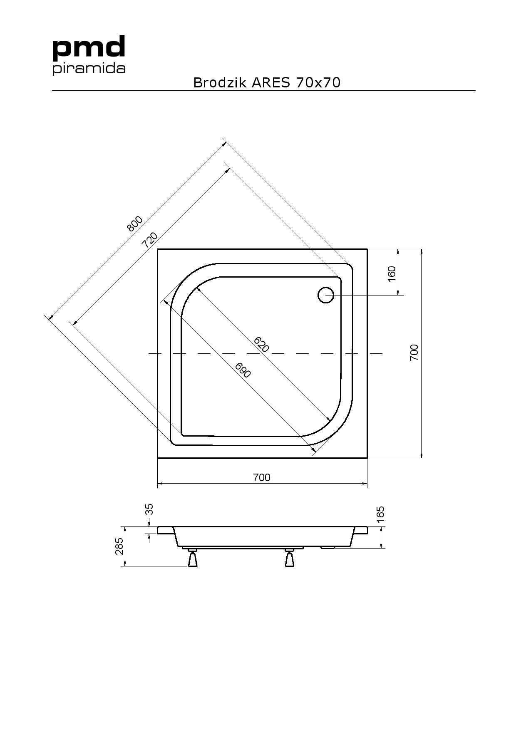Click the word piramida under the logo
[89, 69]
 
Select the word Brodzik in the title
[220, 82]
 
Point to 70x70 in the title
[318, 82]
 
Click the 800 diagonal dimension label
[135, 223]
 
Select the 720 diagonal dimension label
[150, 240]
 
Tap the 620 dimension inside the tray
[261, 345]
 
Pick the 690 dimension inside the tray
[243, 370]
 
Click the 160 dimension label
[392, 274]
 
